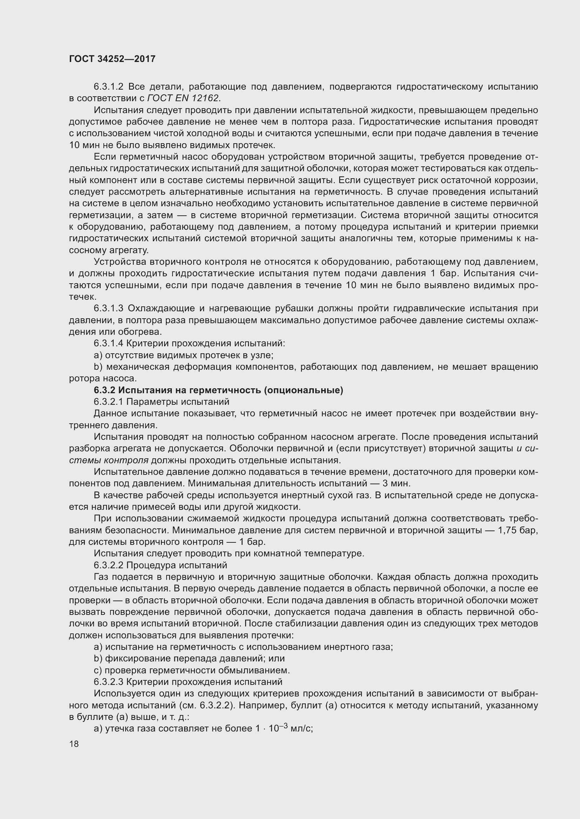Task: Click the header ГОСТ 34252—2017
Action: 112,59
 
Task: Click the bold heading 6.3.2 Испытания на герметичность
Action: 218,390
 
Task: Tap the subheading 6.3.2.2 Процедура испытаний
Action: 160,565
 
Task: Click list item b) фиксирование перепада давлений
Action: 189,659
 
